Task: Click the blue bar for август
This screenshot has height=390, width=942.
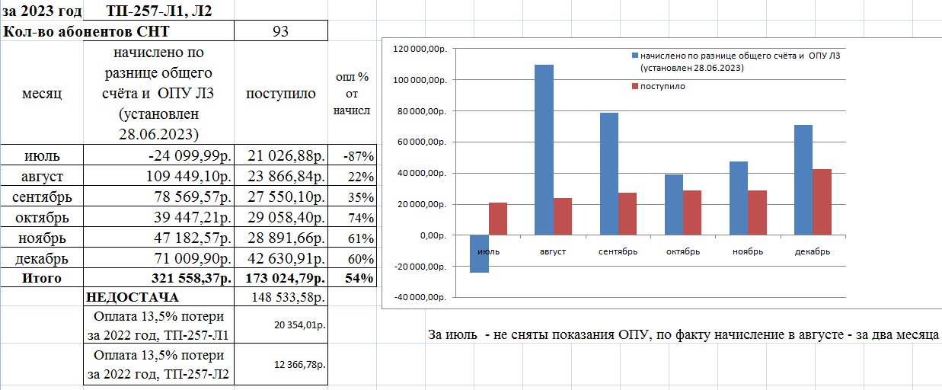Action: [x=544, y=149]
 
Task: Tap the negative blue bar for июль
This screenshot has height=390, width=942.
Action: [x=479, y=254]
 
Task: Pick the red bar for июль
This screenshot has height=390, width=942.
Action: [x=498, y=219]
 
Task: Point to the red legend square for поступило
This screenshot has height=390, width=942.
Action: [x=634, y=87]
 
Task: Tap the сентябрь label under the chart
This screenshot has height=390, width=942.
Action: [x=618, y=251]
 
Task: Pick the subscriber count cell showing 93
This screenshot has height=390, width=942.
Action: [x=281, y=31]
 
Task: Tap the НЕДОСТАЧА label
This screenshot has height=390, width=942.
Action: [x=133, y=297]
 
